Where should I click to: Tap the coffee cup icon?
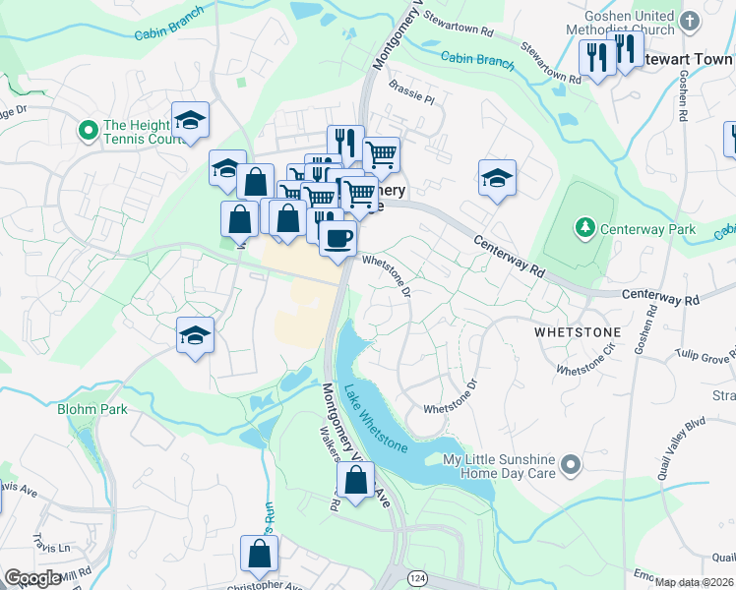tap(337, 238)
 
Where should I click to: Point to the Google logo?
tap(32, 578)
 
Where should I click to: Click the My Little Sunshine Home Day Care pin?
tap(568, 462)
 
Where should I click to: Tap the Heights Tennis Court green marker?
tap(88, 129)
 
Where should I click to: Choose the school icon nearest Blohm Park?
tap(195, 336)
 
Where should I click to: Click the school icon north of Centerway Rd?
tap(498, 178)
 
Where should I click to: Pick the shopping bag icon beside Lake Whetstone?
tap(355, 481)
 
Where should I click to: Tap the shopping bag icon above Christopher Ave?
tap(260, 554)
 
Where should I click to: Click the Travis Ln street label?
tap(51, 545)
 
